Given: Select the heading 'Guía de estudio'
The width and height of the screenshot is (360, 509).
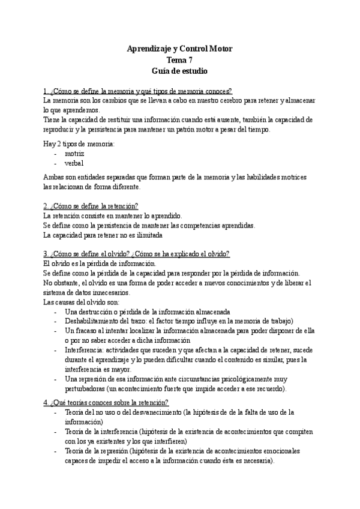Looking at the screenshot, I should pyautogui.click(x=179, y=70).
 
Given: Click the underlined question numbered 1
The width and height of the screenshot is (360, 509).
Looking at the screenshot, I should pyautogui.click(x=138, y=91).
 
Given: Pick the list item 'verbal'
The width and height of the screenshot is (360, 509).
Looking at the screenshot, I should pyautogui.click(x=74, y=163).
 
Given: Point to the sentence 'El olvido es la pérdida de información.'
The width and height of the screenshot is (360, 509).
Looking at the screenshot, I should pyautogui.click(x=100, y=263).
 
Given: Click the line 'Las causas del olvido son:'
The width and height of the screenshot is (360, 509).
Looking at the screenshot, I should pyautogui.click(x=82, y=302).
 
